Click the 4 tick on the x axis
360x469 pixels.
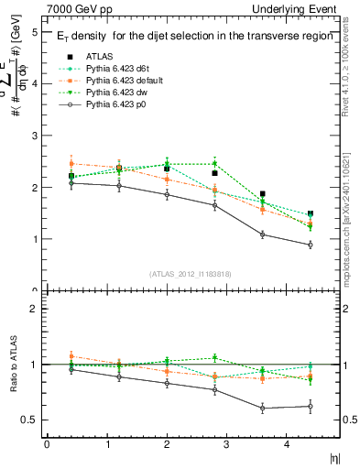click(286, 444)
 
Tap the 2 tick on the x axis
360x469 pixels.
click(166, 444)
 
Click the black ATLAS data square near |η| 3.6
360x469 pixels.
click(263, 194)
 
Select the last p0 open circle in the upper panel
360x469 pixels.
click(311, 245)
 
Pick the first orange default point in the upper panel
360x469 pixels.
click(71, 163)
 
